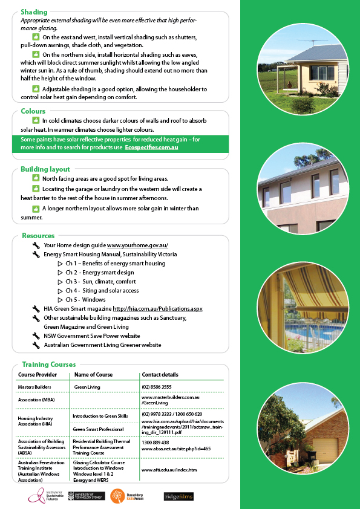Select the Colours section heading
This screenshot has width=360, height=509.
coord(33,111)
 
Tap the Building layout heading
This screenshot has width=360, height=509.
coord(45,169)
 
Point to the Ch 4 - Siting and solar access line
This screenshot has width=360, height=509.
coord(102,291)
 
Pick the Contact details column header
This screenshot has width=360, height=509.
coord(160,375)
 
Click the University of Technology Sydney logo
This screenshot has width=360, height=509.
coord(87,496)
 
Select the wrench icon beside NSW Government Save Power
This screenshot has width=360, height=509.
coord(36,336)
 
